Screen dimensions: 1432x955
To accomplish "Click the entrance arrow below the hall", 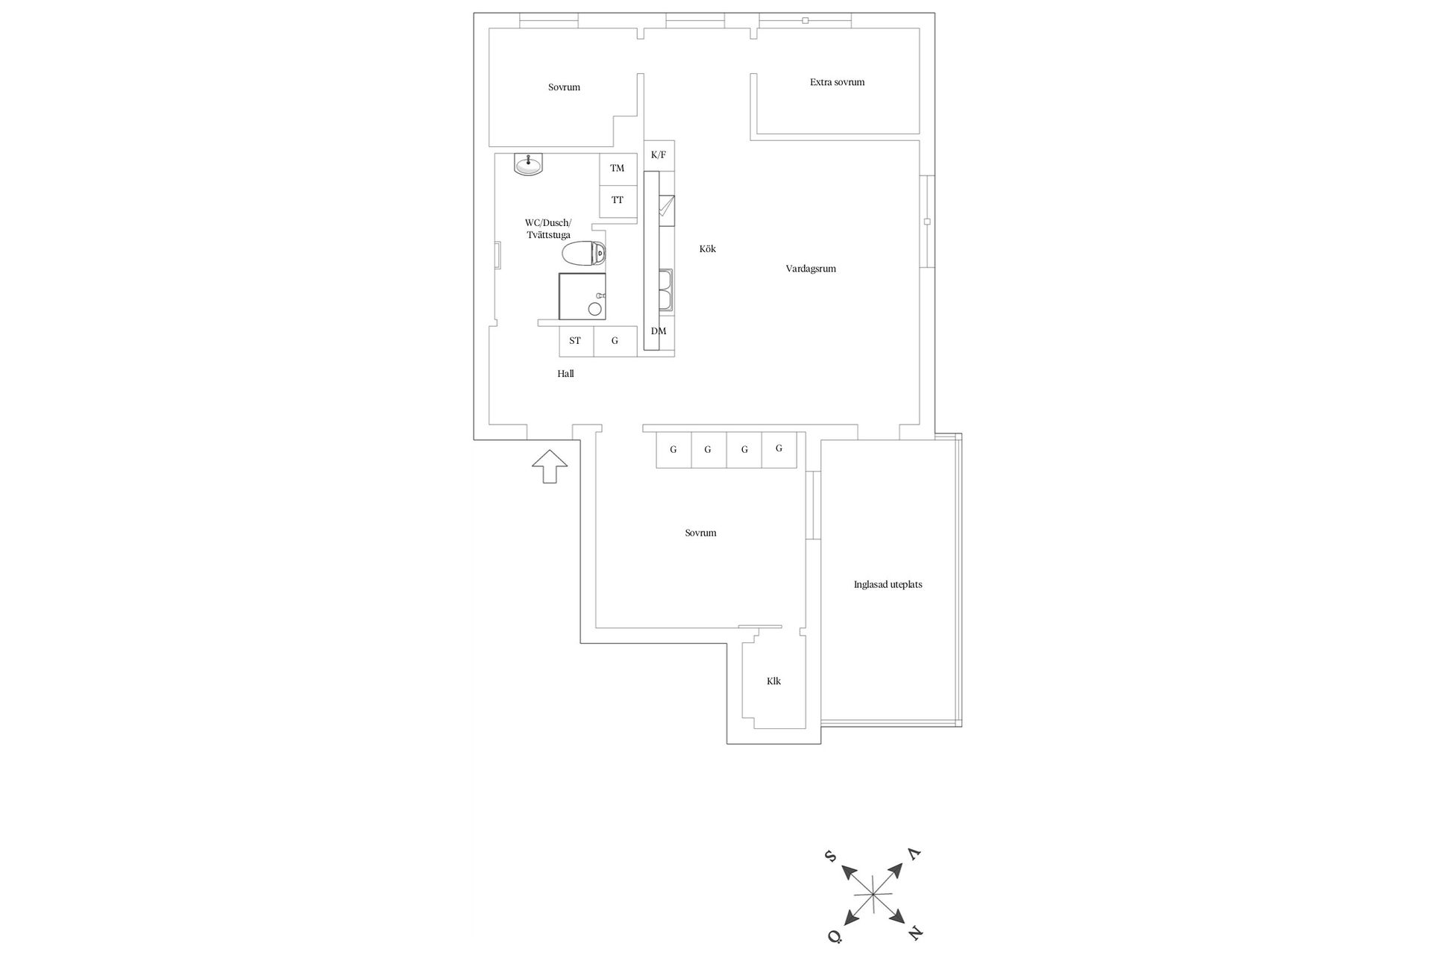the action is point(550,466).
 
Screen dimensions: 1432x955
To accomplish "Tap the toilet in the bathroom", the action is point(584,254).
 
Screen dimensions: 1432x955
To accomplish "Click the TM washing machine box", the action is point(618,169).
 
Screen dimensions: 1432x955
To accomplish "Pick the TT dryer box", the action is point(618,201).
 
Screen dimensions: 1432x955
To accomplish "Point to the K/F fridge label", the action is point(659,155).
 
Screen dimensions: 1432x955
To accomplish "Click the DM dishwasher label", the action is point(659,331).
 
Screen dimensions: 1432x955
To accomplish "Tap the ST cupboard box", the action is point(576,341).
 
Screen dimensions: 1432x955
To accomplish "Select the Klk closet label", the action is point(773,681).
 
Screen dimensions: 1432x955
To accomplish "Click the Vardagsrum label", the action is point(811,269).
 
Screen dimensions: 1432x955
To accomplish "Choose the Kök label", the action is point(708,248).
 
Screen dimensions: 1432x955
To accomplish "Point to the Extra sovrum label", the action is point(838,82).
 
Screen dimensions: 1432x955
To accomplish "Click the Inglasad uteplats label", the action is point(888,584).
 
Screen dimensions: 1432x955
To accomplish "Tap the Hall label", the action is point(565,374).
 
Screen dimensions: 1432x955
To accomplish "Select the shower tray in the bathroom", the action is point(582,296).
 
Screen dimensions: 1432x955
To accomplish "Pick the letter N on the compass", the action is point(916,933).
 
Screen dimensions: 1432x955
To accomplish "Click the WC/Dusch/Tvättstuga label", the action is point(548,229).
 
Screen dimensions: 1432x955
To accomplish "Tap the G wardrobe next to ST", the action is point(615,341).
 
